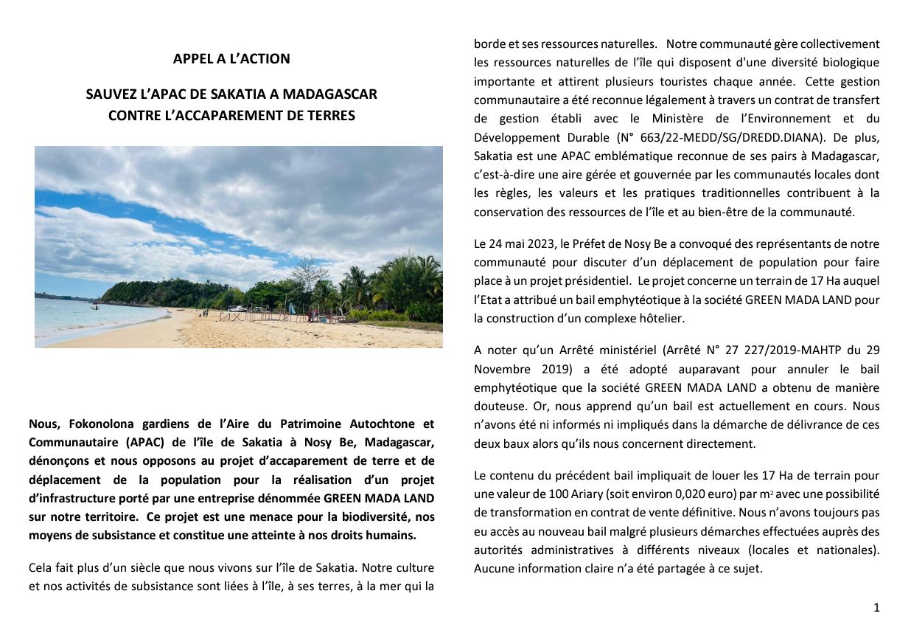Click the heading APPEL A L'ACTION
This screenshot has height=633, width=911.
click(x=231, y=59)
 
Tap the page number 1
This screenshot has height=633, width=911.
click(x=876, y=608)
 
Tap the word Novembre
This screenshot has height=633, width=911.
click(x=503, y=369)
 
